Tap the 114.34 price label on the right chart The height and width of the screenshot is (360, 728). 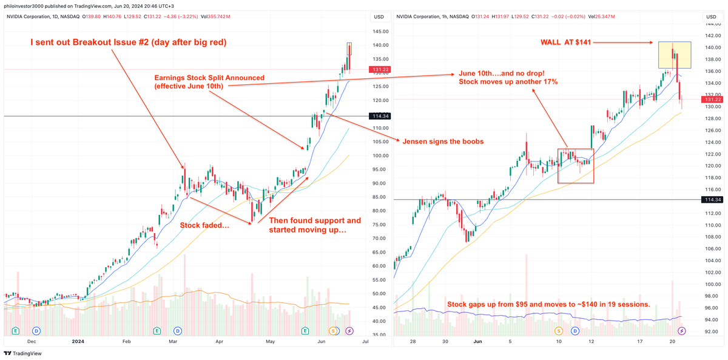coord(712,200)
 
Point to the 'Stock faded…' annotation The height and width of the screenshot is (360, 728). coord(204,225)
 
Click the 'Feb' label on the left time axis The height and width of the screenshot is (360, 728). coord(126,342)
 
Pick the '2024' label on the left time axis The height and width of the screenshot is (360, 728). coord(78,342)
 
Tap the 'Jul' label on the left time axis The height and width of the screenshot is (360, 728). coord(365,342)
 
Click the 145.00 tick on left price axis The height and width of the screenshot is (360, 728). coord(381,32)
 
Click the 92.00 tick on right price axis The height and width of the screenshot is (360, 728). coord(712,331)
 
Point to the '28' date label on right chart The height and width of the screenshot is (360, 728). coord(413,342)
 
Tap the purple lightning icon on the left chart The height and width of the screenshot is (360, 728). coord(349,331)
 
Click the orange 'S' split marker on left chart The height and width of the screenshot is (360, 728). coord(333,331)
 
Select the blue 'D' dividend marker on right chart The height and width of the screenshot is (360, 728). coord(575,331)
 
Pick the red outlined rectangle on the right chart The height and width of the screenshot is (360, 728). coord(575,166)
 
